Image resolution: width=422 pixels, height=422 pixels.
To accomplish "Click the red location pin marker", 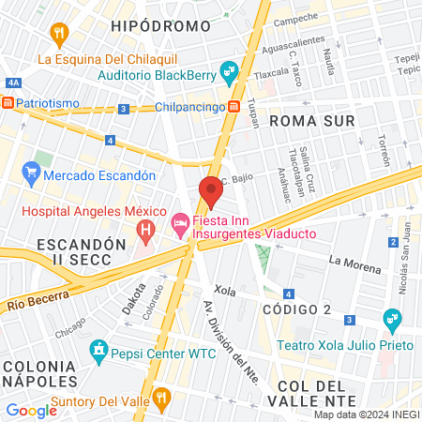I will click(210, 192).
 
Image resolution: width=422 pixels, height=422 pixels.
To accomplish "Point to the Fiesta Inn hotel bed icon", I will click(179, 224).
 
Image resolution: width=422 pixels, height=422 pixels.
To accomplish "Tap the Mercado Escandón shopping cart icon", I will click(32, 173).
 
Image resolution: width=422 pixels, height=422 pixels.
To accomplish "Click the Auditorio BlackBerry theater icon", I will click(229, 71).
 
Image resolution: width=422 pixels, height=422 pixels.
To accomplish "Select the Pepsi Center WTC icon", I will click(98, 353).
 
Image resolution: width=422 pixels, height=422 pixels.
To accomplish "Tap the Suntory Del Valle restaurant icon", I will click(161, 399).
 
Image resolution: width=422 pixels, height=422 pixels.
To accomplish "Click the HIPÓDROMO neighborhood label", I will click(153, 25).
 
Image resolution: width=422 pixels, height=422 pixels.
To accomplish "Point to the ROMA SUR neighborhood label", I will click(311, 121).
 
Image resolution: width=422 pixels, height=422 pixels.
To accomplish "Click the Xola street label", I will click(225, 292).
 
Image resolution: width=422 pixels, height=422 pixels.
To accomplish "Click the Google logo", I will click(31, 410).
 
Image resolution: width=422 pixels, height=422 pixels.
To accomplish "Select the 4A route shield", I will click(13, 83).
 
